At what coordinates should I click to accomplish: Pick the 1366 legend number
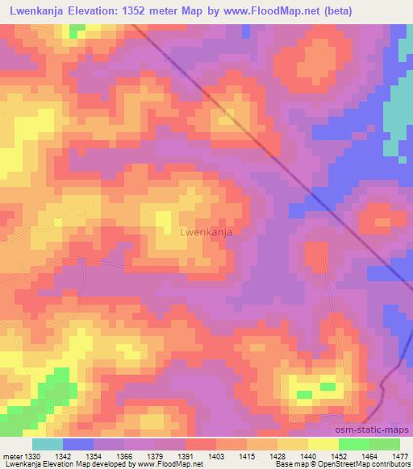pos(125,455)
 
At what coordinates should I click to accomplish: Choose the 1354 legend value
pos(94,455)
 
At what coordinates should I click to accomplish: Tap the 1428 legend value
pos(278,455)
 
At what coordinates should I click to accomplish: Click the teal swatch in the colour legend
pos(48,444)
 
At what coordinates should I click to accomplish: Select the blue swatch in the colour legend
pos(78,444)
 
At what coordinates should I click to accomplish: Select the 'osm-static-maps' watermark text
pos(378,430)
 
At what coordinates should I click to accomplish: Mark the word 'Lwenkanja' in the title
pos(35,10)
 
